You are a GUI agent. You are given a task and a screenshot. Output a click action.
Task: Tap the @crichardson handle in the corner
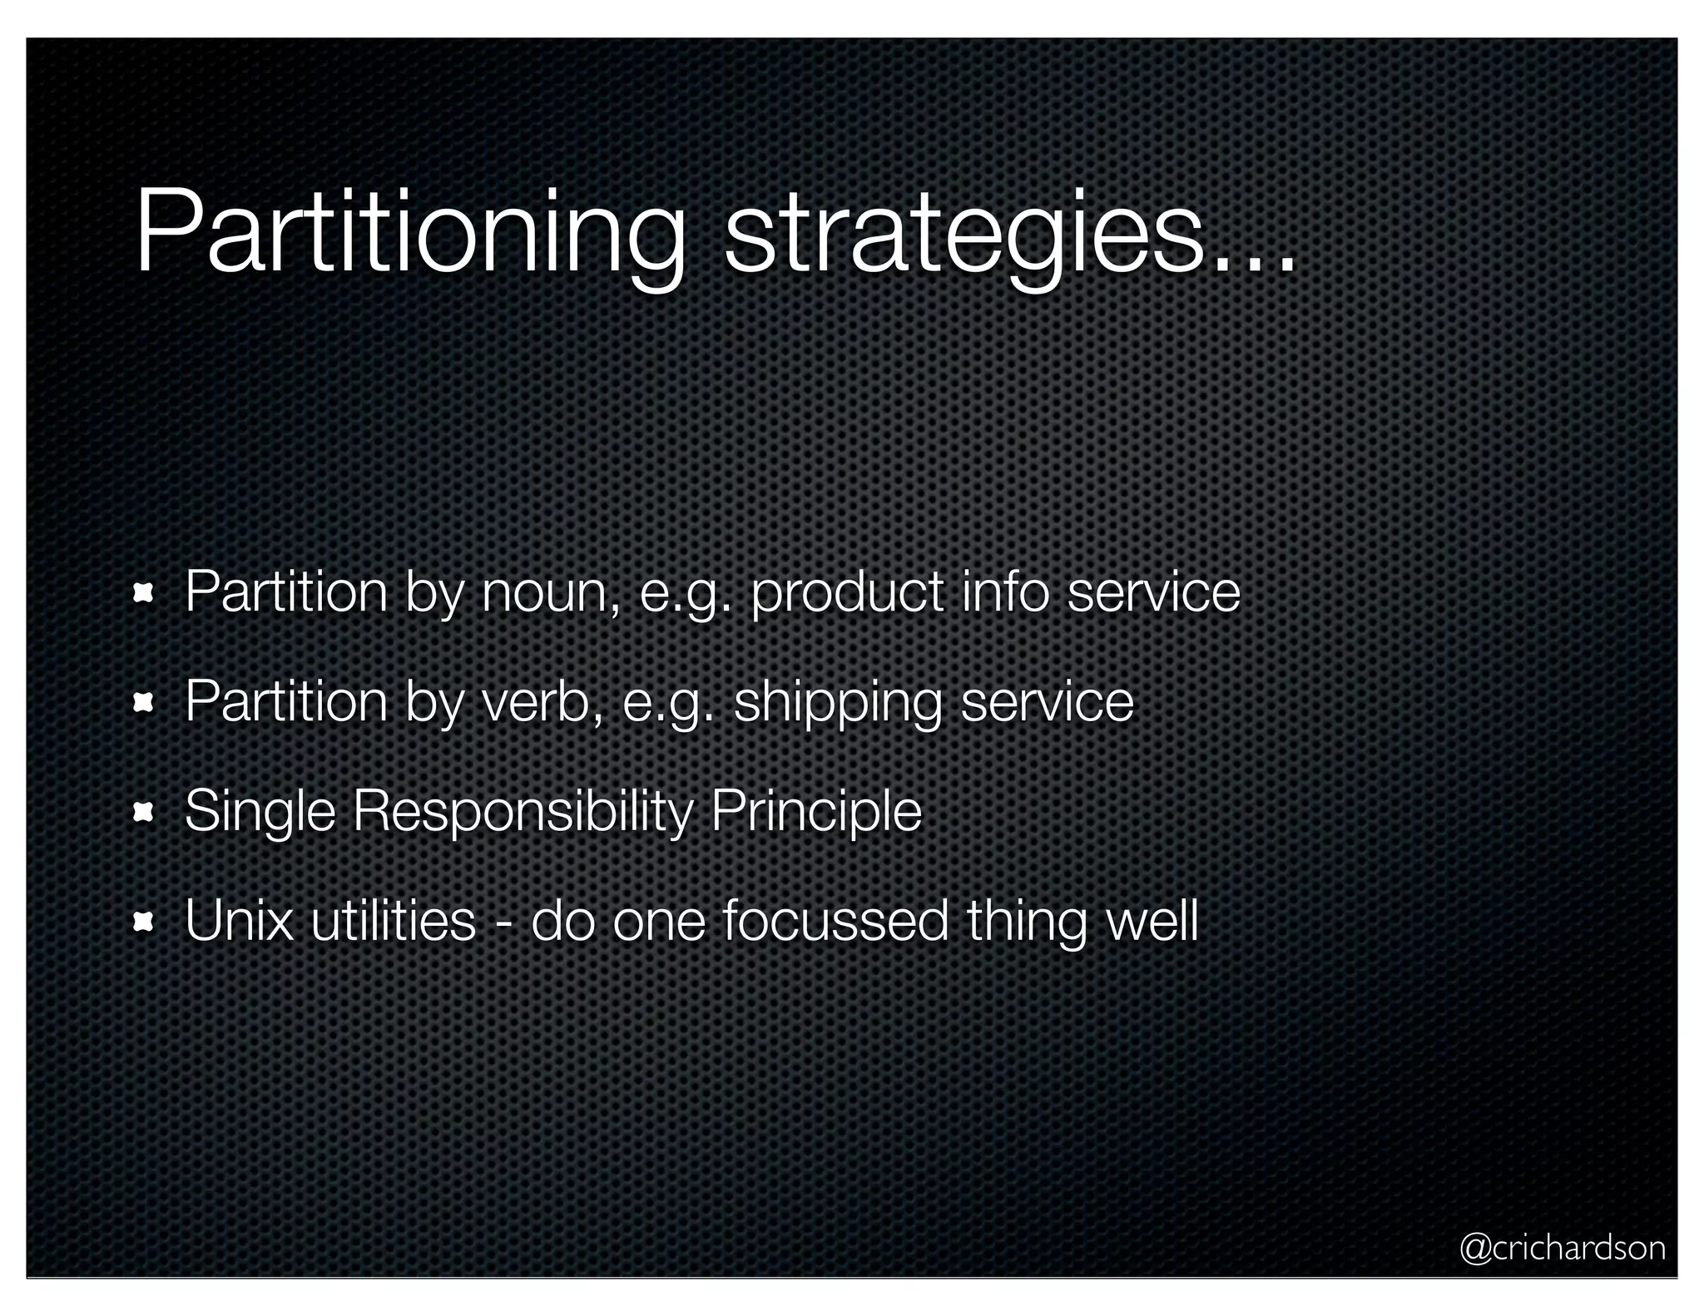coord(1563,1248)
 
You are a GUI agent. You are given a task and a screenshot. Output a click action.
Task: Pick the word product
coord(847,594)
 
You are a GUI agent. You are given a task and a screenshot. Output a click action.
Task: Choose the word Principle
coord(816,813)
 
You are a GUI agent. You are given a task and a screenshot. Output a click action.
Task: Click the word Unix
coord(239,922)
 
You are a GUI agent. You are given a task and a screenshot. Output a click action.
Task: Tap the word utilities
coord(393,922)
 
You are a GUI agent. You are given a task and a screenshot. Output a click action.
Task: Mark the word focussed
coord(835,922)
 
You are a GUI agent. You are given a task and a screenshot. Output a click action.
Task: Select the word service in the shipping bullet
coord(1048,703)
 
